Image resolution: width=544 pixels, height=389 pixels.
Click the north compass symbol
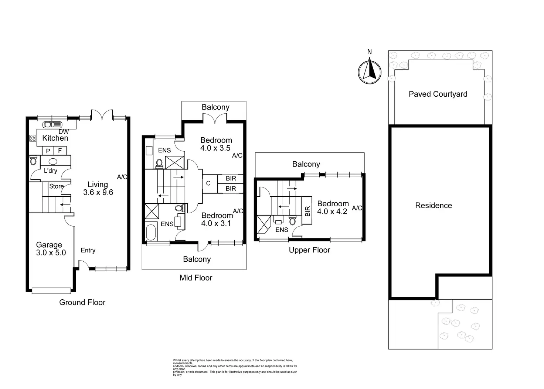tap(370, 72)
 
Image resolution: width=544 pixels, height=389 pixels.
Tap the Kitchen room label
tap(55, 138)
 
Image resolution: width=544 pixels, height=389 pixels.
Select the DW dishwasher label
tap(64, 132)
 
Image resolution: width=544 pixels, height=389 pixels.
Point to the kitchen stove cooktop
tap(33, 138)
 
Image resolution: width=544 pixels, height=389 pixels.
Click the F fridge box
tap(60, 151)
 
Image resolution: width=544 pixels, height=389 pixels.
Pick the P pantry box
tap(48, 151)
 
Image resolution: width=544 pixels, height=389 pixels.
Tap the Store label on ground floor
tap(57, 186)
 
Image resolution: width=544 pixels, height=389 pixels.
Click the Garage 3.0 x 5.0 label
tap(51, 249)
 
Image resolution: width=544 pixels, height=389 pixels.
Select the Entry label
tap(88, 250)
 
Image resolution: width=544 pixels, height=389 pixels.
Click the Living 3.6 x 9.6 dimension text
tap(98, 192)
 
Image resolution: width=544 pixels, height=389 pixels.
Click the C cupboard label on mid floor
tap(208, 183)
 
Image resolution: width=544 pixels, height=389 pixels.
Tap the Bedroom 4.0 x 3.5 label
tap(216, 144)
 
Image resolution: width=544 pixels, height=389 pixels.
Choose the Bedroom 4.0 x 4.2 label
tap(333, 207)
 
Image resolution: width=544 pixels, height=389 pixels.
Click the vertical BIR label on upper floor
tap(307, 211)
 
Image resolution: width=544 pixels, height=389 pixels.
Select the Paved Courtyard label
tap(438, 94)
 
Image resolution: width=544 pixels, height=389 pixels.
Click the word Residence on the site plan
tap(433, 206)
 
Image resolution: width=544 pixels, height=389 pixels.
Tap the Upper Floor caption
tap(309, 250)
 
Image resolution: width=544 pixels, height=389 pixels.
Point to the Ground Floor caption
tap(82, 302)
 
